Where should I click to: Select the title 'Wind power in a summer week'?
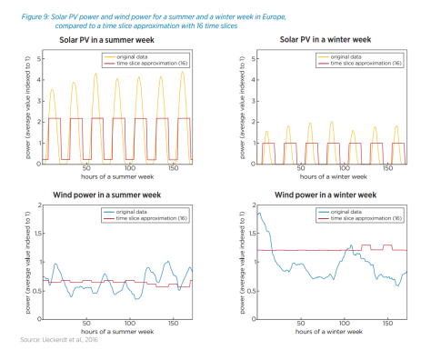tap(107, 194)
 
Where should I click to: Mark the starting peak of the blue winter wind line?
tap(259, 213)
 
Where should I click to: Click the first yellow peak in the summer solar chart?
tap(52, 89)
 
